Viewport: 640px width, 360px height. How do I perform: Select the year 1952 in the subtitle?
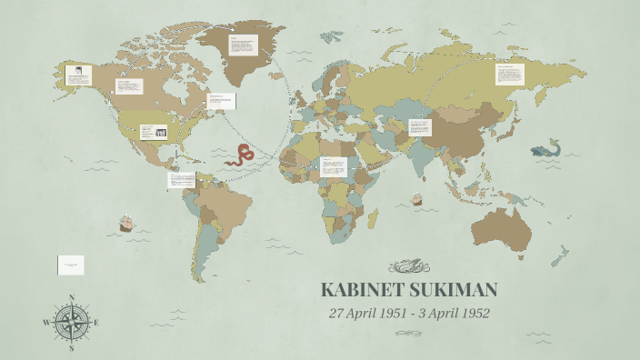[x=471, y=314]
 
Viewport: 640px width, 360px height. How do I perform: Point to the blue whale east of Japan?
[x=547, y=149]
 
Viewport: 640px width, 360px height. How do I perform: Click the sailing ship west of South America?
[x=127, y=223]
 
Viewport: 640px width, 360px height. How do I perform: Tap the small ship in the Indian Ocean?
[x=417, y=198]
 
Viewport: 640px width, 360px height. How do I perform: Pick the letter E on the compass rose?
[x=96, y=323]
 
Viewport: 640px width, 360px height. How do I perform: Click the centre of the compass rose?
[x=71, y=323]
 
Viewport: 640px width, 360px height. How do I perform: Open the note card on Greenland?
[x=243, y=46]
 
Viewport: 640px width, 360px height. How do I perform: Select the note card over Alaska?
[x=78, y=75]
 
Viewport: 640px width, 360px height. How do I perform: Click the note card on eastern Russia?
[x=510, y=75]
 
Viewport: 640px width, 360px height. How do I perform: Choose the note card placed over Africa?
[x=333, y=167]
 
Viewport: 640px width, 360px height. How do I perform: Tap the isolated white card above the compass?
[x=72, y=265]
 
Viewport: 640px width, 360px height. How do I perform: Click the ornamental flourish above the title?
[x=408, y=266]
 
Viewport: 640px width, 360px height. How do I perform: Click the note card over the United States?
[x=155, y=133]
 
